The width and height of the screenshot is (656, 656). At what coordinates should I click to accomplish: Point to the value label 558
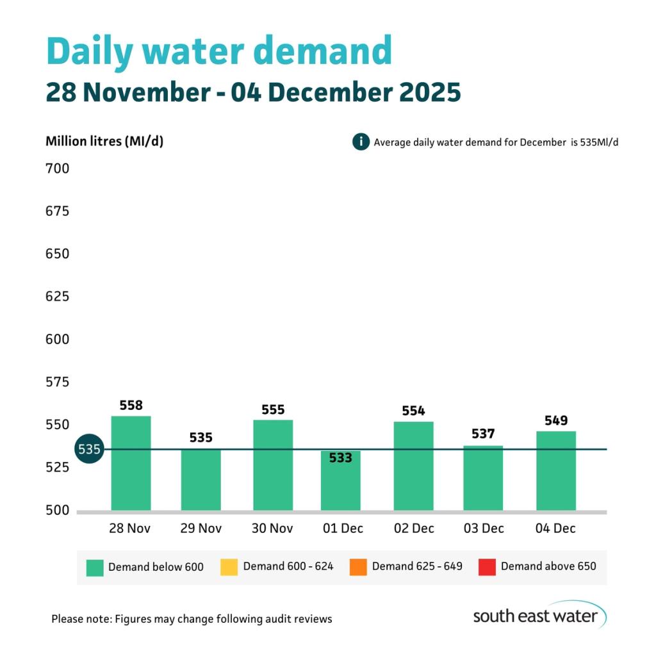point(131,406)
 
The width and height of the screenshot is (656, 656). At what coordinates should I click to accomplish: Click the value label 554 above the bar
point(413,411)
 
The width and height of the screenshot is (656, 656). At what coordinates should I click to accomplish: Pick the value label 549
point(555,420)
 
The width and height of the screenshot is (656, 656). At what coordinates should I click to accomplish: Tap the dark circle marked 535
point(89,449)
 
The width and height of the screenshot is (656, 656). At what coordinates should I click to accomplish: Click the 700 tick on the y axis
point(57,169)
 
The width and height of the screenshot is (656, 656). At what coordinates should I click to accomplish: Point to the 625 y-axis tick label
point(57,297)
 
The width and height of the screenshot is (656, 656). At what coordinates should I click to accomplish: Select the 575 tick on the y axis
point(57,382)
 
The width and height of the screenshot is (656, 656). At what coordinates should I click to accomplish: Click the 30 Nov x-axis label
point(273,529)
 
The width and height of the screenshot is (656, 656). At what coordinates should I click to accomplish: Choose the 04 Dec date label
point(555,529)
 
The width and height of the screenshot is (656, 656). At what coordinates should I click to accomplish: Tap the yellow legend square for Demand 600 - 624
point(229,567)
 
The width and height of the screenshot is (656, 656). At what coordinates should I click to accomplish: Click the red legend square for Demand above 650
point(487,567)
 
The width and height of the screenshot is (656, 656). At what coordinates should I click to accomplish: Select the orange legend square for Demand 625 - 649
point(358,567)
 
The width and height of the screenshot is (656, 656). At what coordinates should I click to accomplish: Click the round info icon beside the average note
point(361,142)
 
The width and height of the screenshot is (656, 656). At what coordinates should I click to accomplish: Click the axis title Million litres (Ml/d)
point(104,142)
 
